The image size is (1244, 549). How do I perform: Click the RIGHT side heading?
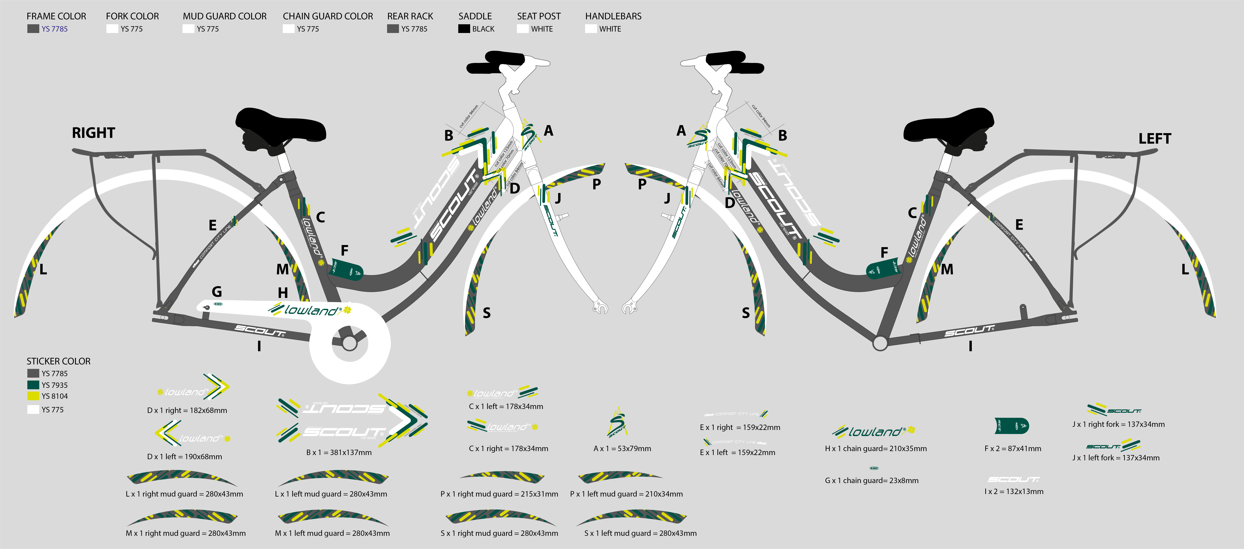coord(93,133)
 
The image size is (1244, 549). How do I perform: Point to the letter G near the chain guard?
coord(217,292)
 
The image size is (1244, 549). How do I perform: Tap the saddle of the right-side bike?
coord(280,126)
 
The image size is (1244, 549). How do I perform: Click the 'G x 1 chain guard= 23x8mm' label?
coord(872,480)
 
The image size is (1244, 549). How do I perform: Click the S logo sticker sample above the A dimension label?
coord(617,422)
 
